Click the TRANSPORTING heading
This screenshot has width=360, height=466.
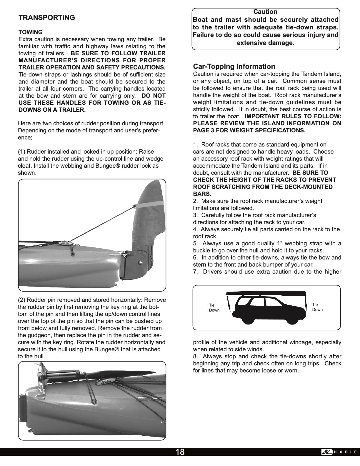pyautogui.click(x=47, y=18)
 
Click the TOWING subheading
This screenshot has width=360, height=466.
pyautogui.click(x=31, y=32)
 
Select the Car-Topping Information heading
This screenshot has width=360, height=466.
pyautogui.click(x=234, y=66)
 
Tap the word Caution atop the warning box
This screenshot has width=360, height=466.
pyautogui.click(x=265, y=12)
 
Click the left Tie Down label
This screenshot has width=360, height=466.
pyautogui.click(x=214, y=308)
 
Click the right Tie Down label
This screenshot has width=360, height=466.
pyautogui.click(x=317, y=307)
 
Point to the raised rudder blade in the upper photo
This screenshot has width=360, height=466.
pyautogui.click(x=150, y=218)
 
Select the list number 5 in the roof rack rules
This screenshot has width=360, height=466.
pyautogui.click(x=195, y=244)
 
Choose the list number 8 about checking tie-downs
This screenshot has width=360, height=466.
pyautogui.click(x=195, y=357)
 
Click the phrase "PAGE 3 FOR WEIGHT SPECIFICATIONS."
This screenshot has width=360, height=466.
pyautogui.click(x=249, y=131)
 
